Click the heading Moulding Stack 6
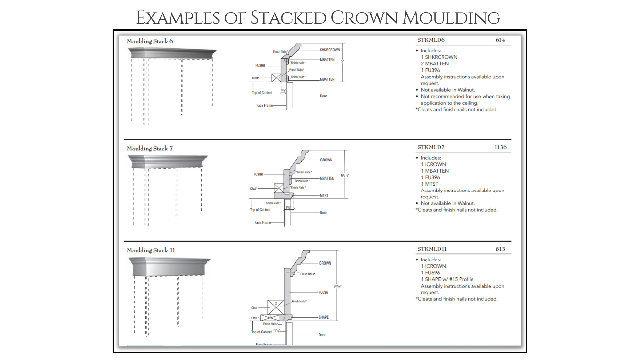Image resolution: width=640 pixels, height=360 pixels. [150, 41]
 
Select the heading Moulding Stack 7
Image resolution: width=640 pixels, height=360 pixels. [150, 149]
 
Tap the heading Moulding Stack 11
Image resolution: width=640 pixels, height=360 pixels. [151, 250]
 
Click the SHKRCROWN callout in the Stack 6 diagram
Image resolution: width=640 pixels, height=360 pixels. [330, 50]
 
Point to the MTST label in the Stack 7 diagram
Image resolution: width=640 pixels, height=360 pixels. [324, 196]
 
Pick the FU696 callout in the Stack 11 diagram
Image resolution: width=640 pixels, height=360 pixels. [323, 292]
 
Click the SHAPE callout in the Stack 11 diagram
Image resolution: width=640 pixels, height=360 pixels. [323, 317]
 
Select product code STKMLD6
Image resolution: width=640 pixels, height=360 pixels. [431, 40]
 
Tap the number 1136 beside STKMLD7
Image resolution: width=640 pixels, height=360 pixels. [500, 147]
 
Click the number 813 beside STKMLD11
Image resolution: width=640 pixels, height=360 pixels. [500, 249]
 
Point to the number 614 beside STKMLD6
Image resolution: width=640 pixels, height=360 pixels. [500, 40]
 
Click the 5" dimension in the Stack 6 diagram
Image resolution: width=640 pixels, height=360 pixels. [342, 61]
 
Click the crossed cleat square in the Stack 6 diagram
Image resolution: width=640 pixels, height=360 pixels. [276, 78]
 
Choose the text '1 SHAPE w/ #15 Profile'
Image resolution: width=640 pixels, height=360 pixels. [447, 279]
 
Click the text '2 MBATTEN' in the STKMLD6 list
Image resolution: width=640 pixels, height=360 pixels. [434, 64]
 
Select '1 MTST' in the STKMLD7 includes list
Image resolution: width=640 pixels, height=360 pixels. [429, 184]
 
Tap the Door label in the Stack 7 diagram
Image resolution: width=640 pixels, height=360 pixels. [323, 213]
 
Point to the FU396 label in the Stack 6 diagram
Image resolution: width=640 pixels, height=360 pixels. [260, 66]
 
